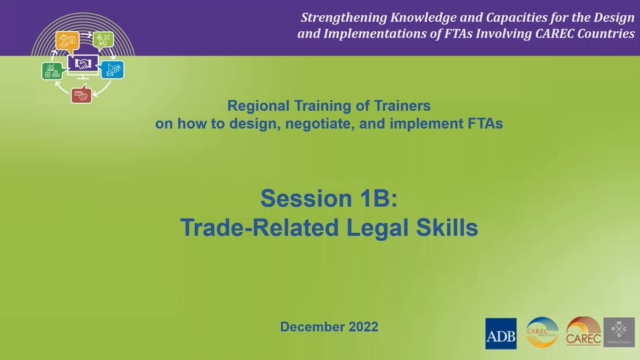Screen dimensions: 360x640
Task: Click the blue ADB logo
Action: [500, 333]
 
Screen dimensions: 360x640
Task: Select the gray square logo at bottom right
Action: [619, 333]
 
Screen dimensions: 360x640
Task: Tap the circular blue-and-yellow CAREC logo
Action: [542, 332]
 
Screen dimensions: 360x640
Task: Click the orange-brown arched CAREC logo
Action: [582, 332]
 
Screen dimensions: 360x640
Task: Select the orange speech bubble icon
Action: [67, 40]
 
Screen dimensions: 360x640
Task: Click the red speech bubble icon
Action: [82, 95]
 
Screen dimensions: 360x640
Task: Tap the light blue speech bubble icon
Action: [113, 69]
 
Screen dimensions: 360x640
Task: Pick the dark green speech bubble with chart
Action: [52, 70]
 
